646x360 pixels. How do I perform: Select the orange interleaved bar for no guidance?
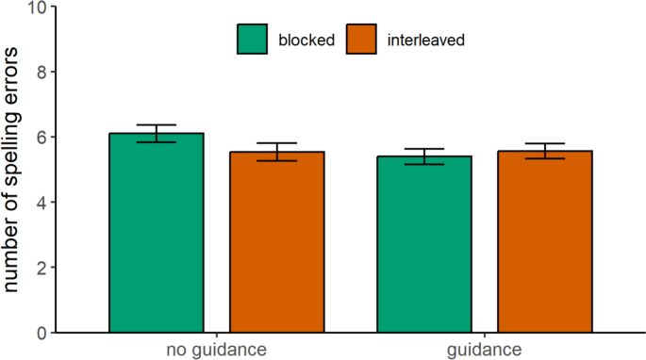click(277, 242)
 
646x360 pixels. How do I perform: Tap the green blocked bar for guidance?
click(424, 244)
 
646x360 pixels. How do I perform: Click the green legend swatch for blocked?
click(253, 40)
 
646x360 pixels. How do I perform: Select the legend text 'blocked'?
click(306, 41)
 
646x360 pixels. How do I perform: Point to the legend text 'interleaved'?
click(424, 41)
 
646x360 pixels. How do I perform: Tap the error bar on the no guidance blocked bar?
click(157, 133)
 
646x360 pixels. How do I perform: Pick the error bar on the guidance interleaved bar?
click(545, 151)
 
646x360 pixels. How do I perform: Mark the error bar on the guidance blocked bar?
click(424, 156)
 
